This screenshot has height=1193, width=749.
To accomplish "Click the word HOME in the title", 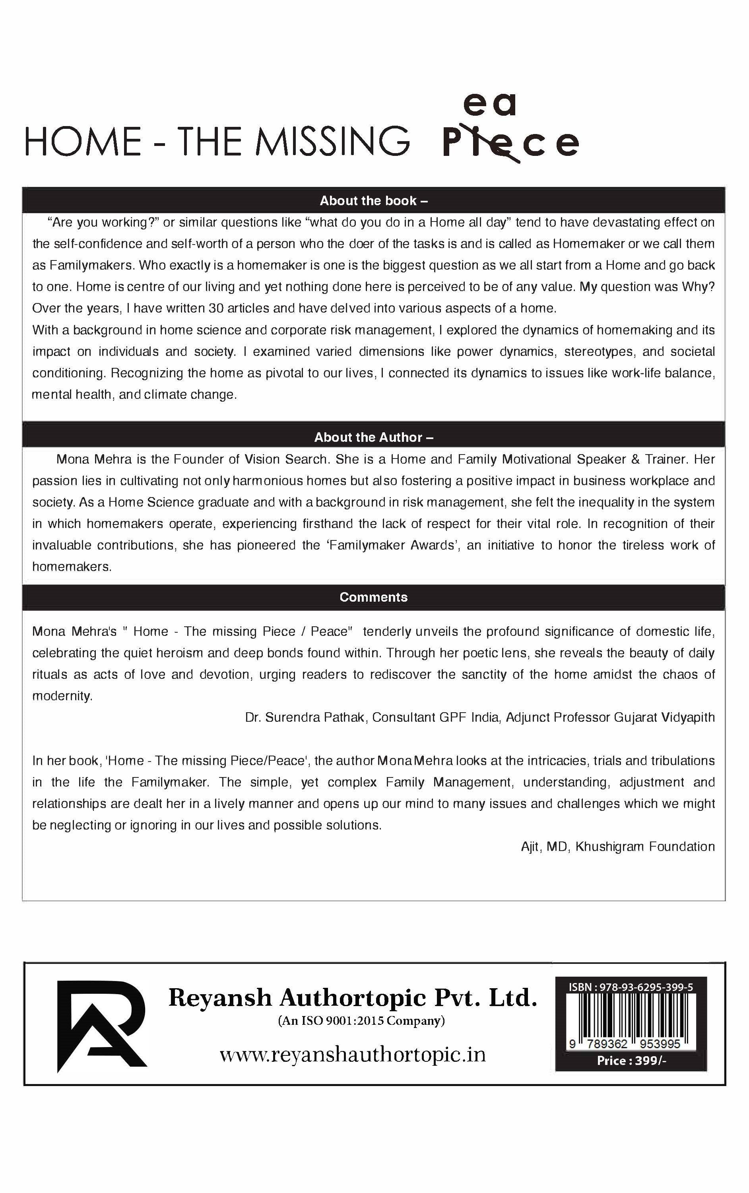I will pyautogui.click(x=83, y=141).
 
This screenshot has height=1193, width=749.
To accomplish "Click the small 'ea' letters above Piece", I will pyautogui.click(x=489, y=105).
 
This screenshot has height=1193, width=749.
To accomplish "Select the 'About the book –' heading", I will pyautogui.click(x=374, y=201).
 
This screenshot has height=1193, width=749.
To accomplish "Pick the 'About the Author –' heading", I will pyautogui.click(x=374, y=437).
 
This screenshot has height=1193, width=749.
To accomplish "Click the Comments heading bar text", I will pyautogui.click(x=374, y=597).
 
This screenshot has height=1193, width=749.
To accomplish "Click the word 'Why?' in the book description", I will pyautogui.click(x=698, y=287).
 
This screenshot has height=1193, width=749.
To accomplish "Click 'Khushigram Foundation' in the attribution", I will pyautogui.click(x=645, y=847).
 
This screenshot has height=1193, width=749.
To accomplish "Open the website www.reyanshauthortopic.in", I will pyautogui.click(x=353, y=1055).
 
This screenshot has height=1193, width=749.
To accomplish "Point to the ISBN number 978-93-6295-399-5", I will pyautogui.click(x=646, y=987).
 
